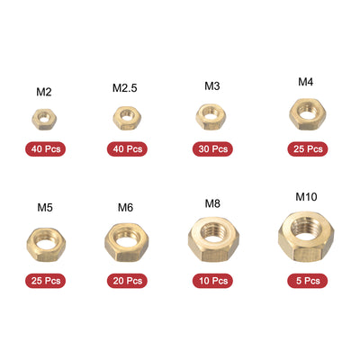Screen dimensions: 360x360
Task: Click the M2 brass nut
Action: click(42, 116)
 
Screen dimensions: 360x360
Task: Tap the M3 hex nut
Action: click(209, 114)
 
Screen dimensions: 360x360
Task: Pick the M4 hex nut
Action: click(307, 112)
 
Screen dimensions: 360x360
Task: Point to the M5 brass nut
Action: click(43, 241)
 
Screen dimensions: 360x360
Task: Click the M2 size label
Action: click(43, 92)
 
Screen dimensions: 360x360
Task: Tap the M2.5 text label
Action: click(125, 88)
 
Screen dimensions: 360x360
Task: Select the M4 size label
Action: click(306, 82)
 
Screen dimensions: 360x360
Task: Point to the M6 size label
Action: click(125, 208)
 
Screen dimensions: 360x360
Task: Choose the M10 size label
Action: click(306, 195)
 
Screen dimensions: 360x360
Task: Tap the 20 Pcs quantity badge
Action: click(125, 281)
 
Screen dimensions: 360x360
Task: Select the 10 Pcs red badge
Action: click(212, 281)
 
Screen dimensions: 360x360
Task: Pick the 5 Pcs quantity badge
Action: click(307, 281)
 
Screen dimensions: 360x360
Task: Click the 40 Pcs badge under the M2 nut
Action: click(43, 148)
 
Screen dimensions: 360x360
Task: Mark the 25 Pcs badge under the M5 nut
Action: click(43, 281)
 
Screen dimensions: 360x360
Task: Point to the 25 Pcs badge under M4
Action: click(307, 148)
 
